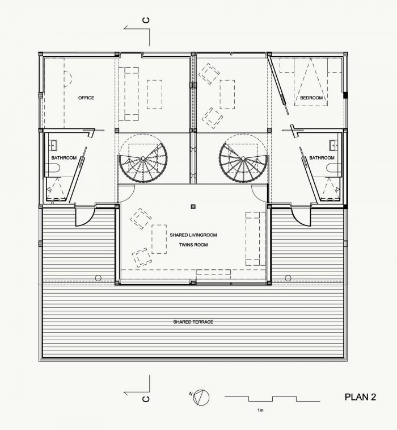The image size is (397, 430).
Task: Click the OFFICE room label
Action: pyautogui.click(x=86, y=98)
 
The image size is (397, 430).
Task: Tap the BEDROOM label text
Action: pyautogui.click(x=311, y=98)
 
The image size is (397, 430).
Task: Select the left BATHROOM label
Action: pyautogui.click(x=64, y=158)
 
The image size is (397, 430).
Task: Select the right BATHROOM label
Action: pyautogui.click(x=322, y=158)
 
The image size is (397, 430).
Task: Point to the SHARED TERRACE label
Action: pyautogui.click(x=193, y=322)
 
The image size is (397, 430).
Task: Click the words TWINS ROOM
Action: pyautogui.click(x=193, y=245)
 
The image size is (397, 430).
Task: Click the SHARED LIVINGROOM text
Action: pyautogui.click(x=193, y=235)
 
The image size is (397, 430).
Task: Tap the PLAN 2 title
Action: pyautogui.click(x=360, y=397)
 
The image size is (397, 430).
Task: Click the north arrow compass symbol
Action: pyautogui.click(x=201, y=398)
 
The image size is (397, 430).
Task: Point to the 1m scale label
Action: pyautogui.click(x=260, y=410)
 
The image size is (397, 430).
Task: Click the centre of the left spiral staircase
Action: pyautogui.click(x=143, y=158)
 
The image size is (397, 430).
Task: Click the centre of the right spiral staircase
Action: pyautogui.click(x=243, y=158)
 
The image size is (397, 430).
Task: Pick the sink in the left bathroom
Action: pyautogui.click(x=53, y=145)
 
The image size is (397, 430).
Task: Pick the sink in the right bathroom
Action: pyautogui.click(x=333, y=145)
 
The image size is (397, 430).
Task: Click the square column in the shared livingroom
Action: pyautogui.click(x=193, y=207)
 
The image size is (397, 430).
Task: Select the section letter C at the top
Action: pyautogui.click(x=146, y=20)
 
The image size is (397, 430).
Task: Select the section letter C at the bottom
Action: pyautogui.click(x=146, y=398)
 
